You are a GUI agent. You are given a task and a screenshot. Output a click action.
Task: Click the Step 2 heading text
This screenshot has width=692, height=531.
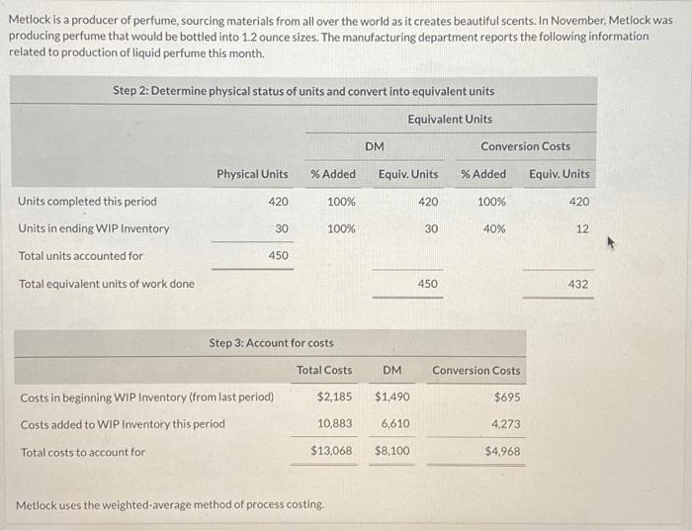pos(303,91)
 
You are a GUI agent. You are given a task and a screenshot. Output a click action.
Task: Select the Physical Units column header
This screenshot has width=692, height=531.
pos(252,174)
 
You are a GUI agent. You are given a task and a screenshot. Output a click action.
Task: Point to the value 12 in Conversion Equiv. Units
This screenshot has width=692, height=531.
pos(581,228)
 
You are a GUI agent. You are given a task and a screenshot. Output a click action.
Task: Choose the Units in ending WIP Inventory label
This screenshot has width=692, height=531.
pos(94,228)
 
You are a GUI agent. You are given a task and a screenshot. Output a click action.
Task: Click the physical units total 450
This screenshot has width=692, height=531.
pos(278,256)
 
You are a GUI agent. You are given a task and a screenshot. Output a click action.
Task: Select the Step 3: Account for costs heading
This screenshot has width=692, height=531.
pos(272,343)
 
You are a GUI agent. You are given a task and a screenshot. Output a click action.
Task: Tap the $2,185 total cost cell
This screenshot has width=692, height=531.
pos(334,397)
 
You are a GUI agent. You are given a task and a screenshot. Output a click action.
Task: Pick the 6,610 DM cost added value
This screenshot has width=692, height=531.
pos(395,424)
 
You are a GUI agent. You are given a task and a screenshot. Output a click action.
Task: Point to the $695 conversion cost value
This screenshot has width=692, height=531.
pos(506,397)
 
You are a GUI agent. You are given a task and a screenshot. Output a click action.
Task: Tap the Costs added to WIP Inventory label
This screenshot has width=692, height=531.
pos(123,424)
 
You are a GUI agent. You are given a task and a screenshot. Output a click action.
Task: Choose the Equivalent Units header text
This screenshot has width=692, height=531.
pos(450,119)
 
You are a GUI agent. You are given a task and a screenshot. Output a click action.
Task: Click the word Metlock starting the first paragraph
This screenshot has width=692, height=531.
pos(31,20)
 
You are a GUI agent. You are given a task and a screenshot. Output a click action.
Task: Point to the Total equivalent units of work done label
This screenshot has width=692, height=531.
pos(107,284)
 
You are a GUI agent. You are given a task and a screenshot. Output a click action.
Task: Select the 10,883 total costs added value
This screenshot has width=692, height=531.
pos(334,424)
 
